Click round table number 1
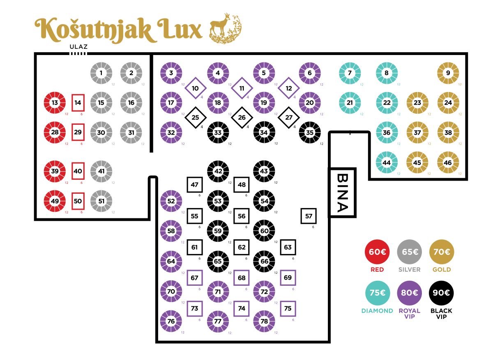point(101,73)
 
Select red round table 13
point(55,102)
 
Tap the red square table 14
point(78,102)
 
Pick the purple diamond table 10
point(196,88)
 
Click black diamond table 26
point(242,117)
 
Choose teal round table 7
point(350,73)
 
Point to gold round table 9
point(448,73)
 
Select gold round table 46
point(448,162)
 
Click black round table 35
point(310,133)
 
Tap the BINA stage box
point(342,193)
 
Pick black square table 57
point(309,216)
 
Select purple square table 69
point(288,278)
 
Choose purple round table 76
point(171,321)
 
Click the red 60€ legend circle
point(377,252)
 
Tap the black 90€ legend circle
point(441,293)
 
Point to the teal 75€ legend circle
point(377,293)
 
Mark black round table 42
point(218,171)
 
